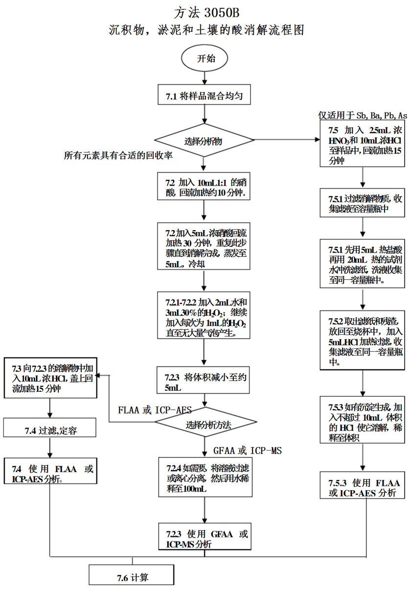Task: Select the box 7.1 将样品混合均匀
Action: (x=205, y=96)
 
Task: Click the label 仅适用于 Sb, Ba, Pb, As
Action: (x=362, y=116)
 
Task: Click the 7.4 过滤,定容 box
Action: (x=50, y=430)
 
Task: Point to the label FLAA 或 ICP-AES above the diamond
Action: (x=155, y=409)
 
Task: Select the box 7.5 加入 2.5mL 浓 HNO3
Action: (x=363, y=145)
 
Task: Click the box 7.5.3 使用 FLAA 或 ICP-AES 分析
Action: (x=363, y=484)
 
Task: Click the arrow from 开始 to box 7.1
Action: (x=205, y=77)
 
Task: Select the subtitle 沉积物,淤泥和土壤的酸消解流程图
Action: (x=205, y=29)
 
